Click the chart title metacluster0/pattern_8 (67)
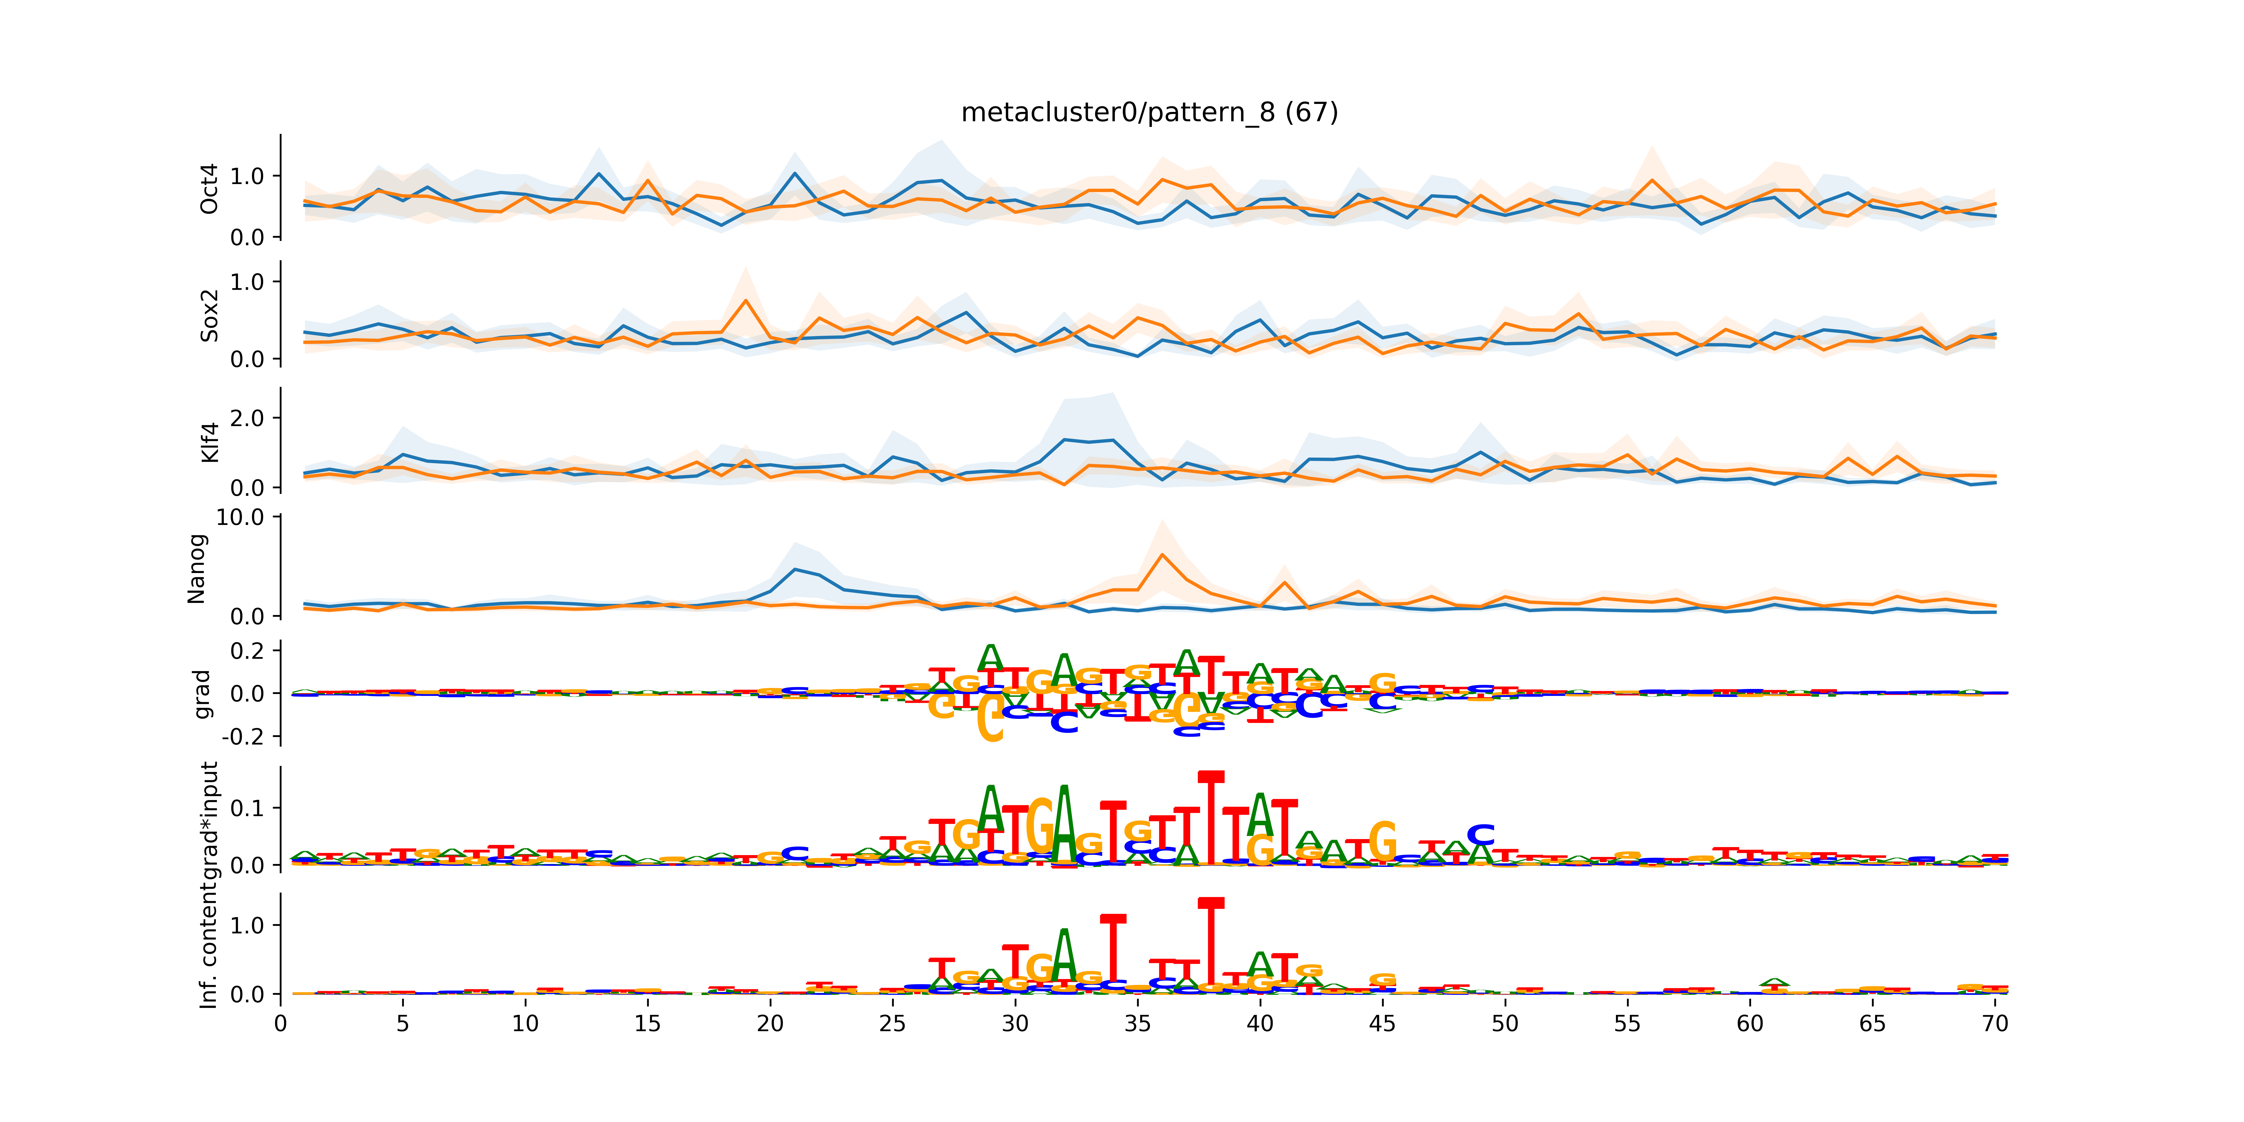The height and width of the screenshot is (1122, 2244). pos(1149,112)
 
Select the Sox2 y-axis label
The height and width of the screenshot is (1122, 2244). pos(209,315)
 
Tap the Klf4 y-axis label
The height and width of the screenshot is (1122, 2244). pos(209,443)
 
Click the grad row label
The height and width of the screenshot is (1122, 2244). pos(202,694)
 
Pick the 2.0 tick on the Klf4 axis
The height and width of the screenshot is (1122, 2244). pos(247,418)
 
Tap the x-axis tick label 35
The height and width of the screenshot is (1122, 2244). pos(1138,1024)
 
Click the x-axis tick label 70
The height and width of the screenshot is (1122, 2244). pos(1995,1024)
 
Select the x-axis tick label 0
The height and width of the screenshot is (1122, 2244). pos(280,1024)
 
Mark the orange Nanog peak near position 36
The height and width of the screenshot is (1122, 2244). pos(1162,555)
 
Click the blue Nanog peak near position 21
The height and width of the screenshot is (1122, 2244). pos(794,570)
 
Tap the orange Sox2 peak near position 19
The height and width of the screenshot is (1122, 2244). pos(746,301)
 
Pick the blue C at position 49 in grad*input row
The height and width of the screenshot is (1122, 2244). pos(1481,835)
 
